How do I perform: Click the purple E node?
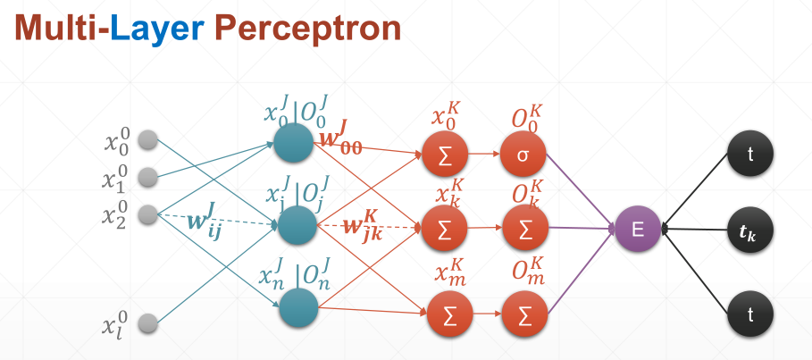click(x=638, y=229)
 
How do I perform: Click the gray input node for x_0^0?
click(x=148, y=140)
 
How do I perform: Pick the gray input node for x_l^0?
click(x=148, y=322)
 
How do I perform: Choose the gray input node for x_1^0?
click(x=148, y=176)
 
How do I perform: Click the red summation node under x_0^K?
click(x=446, y=154)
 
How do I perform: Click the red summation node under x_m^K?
click(x=446, y=312)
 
